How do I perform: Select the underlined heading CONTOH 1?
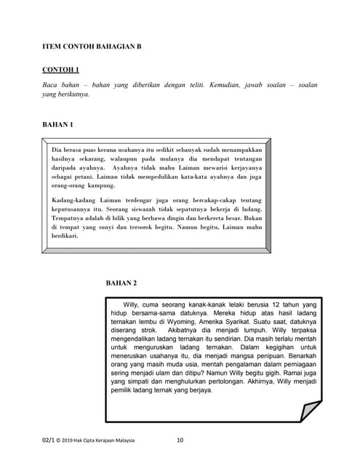tap(61, 70)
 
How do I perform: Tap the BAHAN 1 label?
tap(57, 125)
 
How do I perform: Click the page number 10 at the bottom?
tap(180, 440)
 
